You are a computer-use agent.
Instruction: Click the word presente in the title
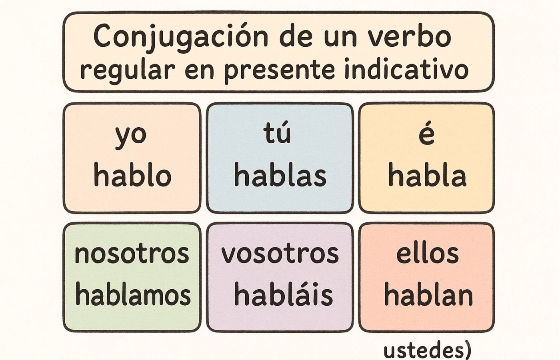click(279, 70)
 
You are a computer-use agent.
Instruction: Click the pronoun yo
click(131, 136)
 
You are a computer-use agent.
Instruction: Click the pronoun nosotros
click(132, 254)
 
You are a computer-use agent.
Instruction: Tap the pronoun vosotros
click(280, 254)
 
